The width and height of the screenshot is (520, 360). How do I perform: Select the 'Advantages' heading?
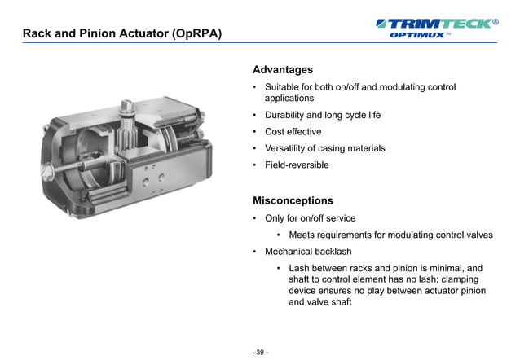click(283, 70)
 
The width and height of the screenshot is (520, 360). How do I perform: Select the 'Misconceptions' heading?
click(293, 200)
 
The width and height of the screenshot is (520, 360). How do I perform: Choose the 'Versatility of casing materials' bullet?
click(324, 148)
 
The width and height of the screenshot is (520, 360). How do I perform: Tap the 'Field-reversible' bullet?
click(297, 165)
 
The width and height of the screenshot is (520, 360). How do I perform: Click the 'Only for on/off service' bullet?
click(310, 218)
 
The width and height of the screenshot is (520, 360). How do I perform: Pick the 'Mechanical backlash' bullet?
click(307, 252)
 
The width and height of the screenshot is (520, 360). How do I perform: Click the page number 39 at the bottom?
click(260, 353)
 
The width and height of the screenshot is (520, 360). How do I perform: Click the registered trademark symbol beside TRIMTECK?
click(496, 21)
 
